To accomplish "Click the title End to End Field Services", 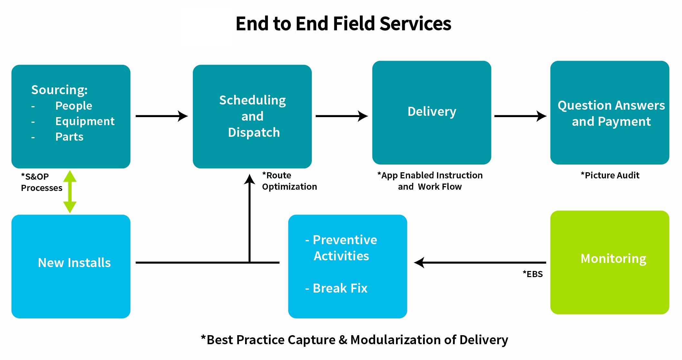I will (x=343, y=24).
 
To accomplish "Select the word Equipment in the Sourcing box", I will (x=85, y=121).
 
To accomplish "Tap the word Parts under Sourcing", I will (x=69, y=137).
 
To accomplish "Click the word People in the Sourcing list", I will (x=74, y=106).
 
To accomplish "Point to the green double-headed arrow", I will (x=70, y=191).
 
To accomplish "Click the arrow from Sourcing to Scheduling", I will (x=161, y=116).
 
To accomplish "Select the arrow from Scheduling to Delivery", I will (x=341, y=116).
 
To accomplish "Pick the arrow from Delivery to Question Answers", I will (x=520, y=116).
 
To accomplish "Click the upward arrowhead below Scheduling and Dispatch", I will (x=249, y=179).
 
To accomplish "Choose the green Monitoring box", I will (x=609, y=262).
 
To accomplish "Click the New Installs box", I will (x=71, y=266).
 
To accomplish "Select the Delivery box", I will (x=431, y=112).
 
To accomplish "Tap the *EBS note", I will (x=533, y=274).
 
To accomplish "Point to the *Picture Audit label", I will (x=610, y=175).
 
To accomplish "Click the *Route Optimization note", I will (x=289, y=181).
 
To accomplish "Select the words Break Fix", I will (x=340, y=288).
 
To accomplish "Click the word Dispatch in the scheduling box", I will (x=254, y=133).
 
